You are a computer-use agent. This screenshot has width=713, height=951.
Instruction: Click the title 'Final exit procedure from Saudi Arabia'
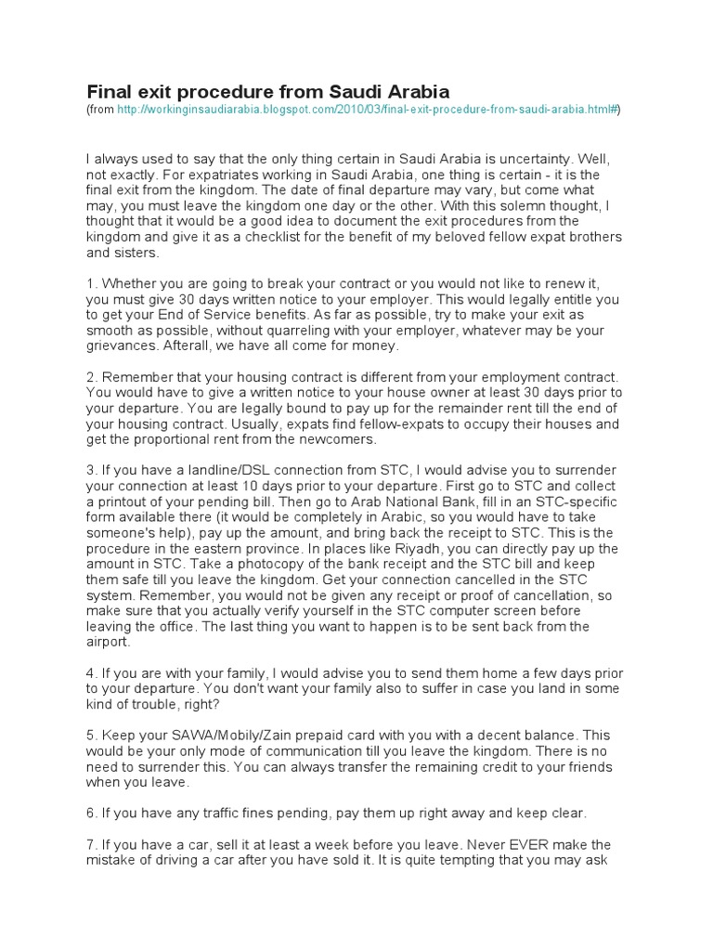pyautogui.click(x=267, y=91)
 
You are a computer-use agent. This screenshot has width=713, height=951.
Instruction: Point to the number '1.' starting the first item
pyautogui.click(x=91, y=283)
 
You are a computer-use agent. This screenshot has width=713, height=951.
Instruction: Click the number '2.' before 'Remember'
pyautogui.click(x=91, y=377)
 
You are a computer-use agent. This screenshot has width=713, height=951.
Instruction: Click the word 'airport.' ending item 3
pyautogui.click(x=110, y=642)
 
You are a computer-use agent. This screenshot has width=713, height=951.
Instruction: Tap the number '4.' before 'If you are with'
pyautogui.click(x=91, y=673)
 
